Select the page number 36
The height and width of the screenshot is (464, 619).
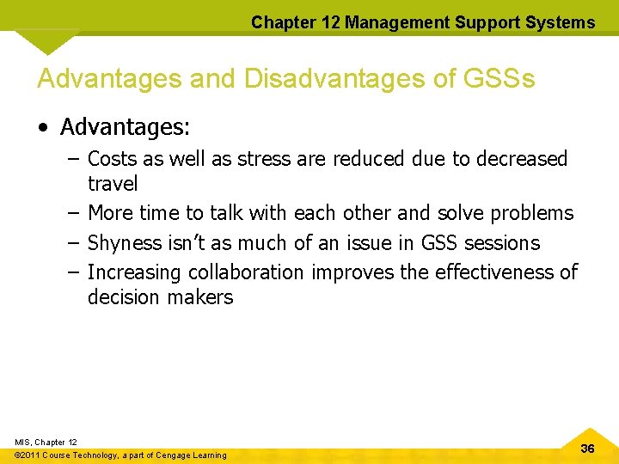[588, 449]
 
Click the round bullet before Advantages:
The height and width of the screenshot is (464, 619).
[44, 128]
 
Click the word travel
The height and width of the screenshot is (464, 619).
[113, 184]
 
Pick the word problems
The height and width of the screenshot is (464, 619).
[534, 212]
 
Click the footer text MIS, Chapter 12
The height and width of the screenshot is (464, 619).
[46, 442]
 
